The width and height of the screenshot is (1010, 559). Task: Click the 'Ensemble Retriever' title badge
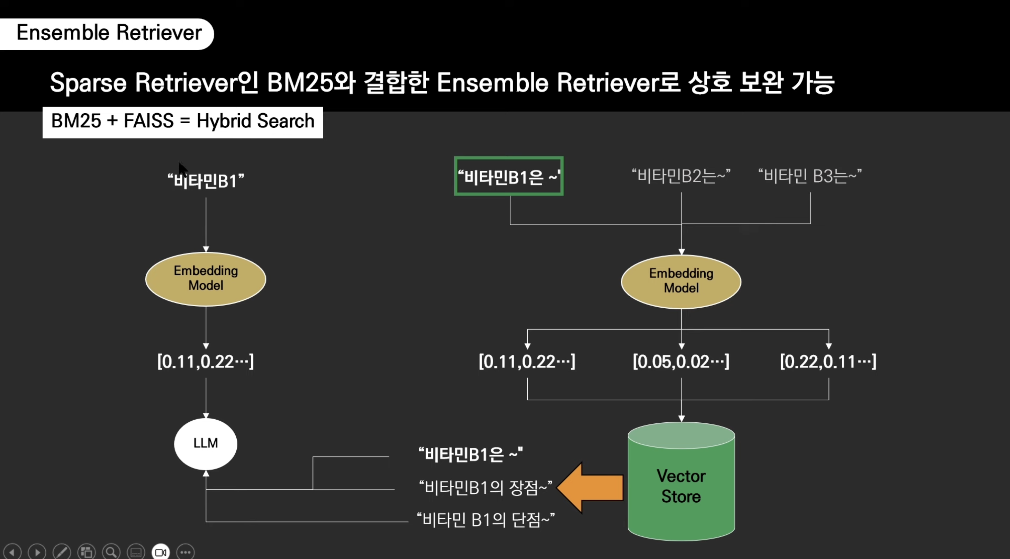click(x=109, y=33)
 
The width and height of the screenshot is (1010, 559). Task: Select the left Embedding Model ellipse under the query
click(x=205, y=278)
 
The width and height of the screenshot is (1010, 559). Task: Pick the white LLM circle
click(x=205, y=443)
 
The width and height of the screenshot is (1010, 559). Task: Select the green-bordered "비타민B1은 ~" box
click(x=508, y=176)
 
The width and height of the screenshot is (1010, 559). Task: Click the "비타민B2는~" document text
click(x=681, y=176)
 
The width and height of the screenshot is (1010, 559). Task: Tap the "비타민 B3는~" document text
click(x=810, y=176)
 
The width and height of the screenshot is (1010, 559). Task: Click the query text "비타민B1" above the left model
click(x=205, y=181)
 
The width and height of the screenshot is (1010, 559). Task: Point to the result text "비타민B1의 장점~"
click(x=485, y=488)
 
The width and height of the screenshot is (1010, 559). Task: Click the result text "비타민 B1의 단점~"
click(x=485, y=520)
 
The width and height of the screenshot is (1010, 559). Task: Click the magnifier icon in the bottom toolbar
click(x=111, y=552)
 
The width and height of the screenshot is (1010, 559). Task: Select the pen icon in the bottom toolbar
click(x=62, y=552)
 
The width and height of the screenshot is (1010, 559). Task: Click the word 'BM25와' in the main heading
click(x=311, y=83)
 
